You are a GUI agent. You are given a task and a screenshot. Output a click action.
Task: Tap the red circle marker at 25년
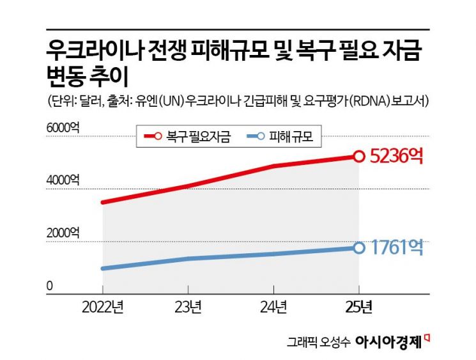[x=359, y=156]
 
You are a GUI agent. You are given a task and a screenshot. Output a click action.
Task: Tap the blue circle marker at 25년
[x=359, y=247]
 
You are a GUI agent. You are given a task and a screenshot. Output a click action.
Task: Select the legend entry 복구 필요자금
[x=190, y=136]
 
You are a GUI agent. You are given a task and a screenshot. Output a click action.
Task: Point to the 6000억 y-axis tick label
[x=63, y=128]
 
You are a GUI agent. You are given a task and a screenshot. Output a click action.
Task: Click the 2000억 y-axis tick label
[x=63, y=233]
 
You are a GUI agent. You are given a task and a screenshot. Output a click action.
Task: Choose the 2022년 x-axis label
[x=103, y=308]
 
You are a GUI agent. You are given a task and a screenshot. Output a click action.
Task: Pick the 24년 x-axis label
[x=273, y=308]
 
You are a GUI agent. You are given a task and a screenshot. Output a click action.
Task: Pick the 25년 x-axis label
[x=358, y=308]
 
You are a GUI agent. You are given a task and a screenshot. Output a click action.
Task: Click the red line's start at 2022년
[x=103, y=203]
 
